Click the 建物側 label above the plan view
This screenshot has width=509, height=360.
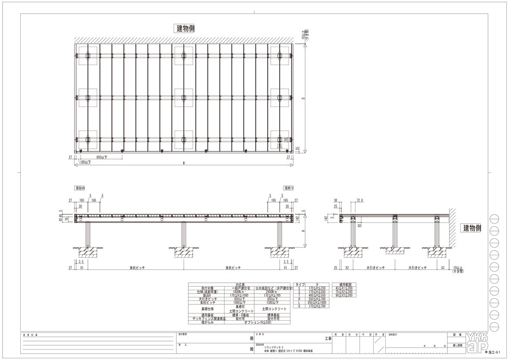coord(186,28)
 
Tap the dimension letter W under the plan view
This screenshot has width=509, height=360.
coord(184,163)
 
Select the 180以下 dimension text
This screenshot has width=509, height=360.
coord(85,163)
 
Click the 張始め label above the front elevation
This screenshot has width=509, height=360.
coord(80,188)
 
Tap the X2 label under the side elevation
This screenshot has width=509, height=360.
coord(347,268)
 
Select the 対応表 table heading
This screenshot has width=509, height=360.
coord(240,285)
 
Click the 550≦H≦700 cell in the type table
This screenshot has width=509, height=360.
coord(317,299)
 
